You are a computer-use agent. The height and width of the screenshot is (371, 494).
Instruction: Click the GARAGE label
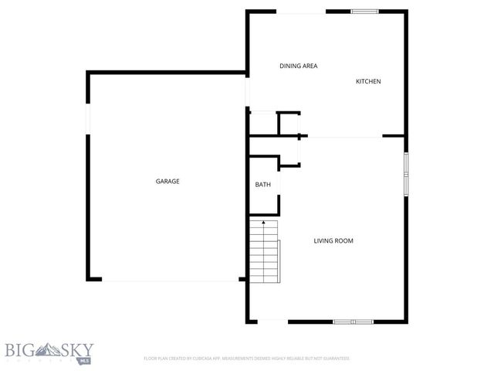pyautogui.click(x=167, y=182)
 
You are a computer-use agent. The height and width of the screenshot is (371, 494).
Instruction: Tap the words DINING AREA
pyautogui.click(x=298, y=66)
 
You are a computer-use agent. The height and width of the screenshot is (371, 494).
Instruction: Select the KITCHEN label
pyautogui.click(x=368, y=82)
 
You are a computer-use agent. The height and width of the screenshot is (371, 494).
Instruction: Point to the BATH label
pyautogui.click(x=263, y=185)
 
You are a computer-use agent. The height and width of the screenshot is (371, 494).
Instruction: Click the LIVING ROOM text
pyautogui.click(x=333, y=241)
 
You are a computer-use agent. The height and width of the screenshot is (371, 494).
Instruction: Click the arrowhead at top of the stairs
pyautogui.click(x=263, y=223)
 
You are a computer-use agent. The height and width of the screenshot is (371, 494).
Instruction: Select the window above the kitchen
pyautogui.click(x=364, y=11)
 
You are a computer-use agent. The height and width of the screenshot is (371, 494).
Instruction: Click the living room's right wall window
pyautogui.click(x=405, y=175)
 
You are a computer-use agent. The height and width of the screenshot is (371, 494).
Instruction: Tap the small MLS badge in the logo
pyautogui.click(x=84, y=359)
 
